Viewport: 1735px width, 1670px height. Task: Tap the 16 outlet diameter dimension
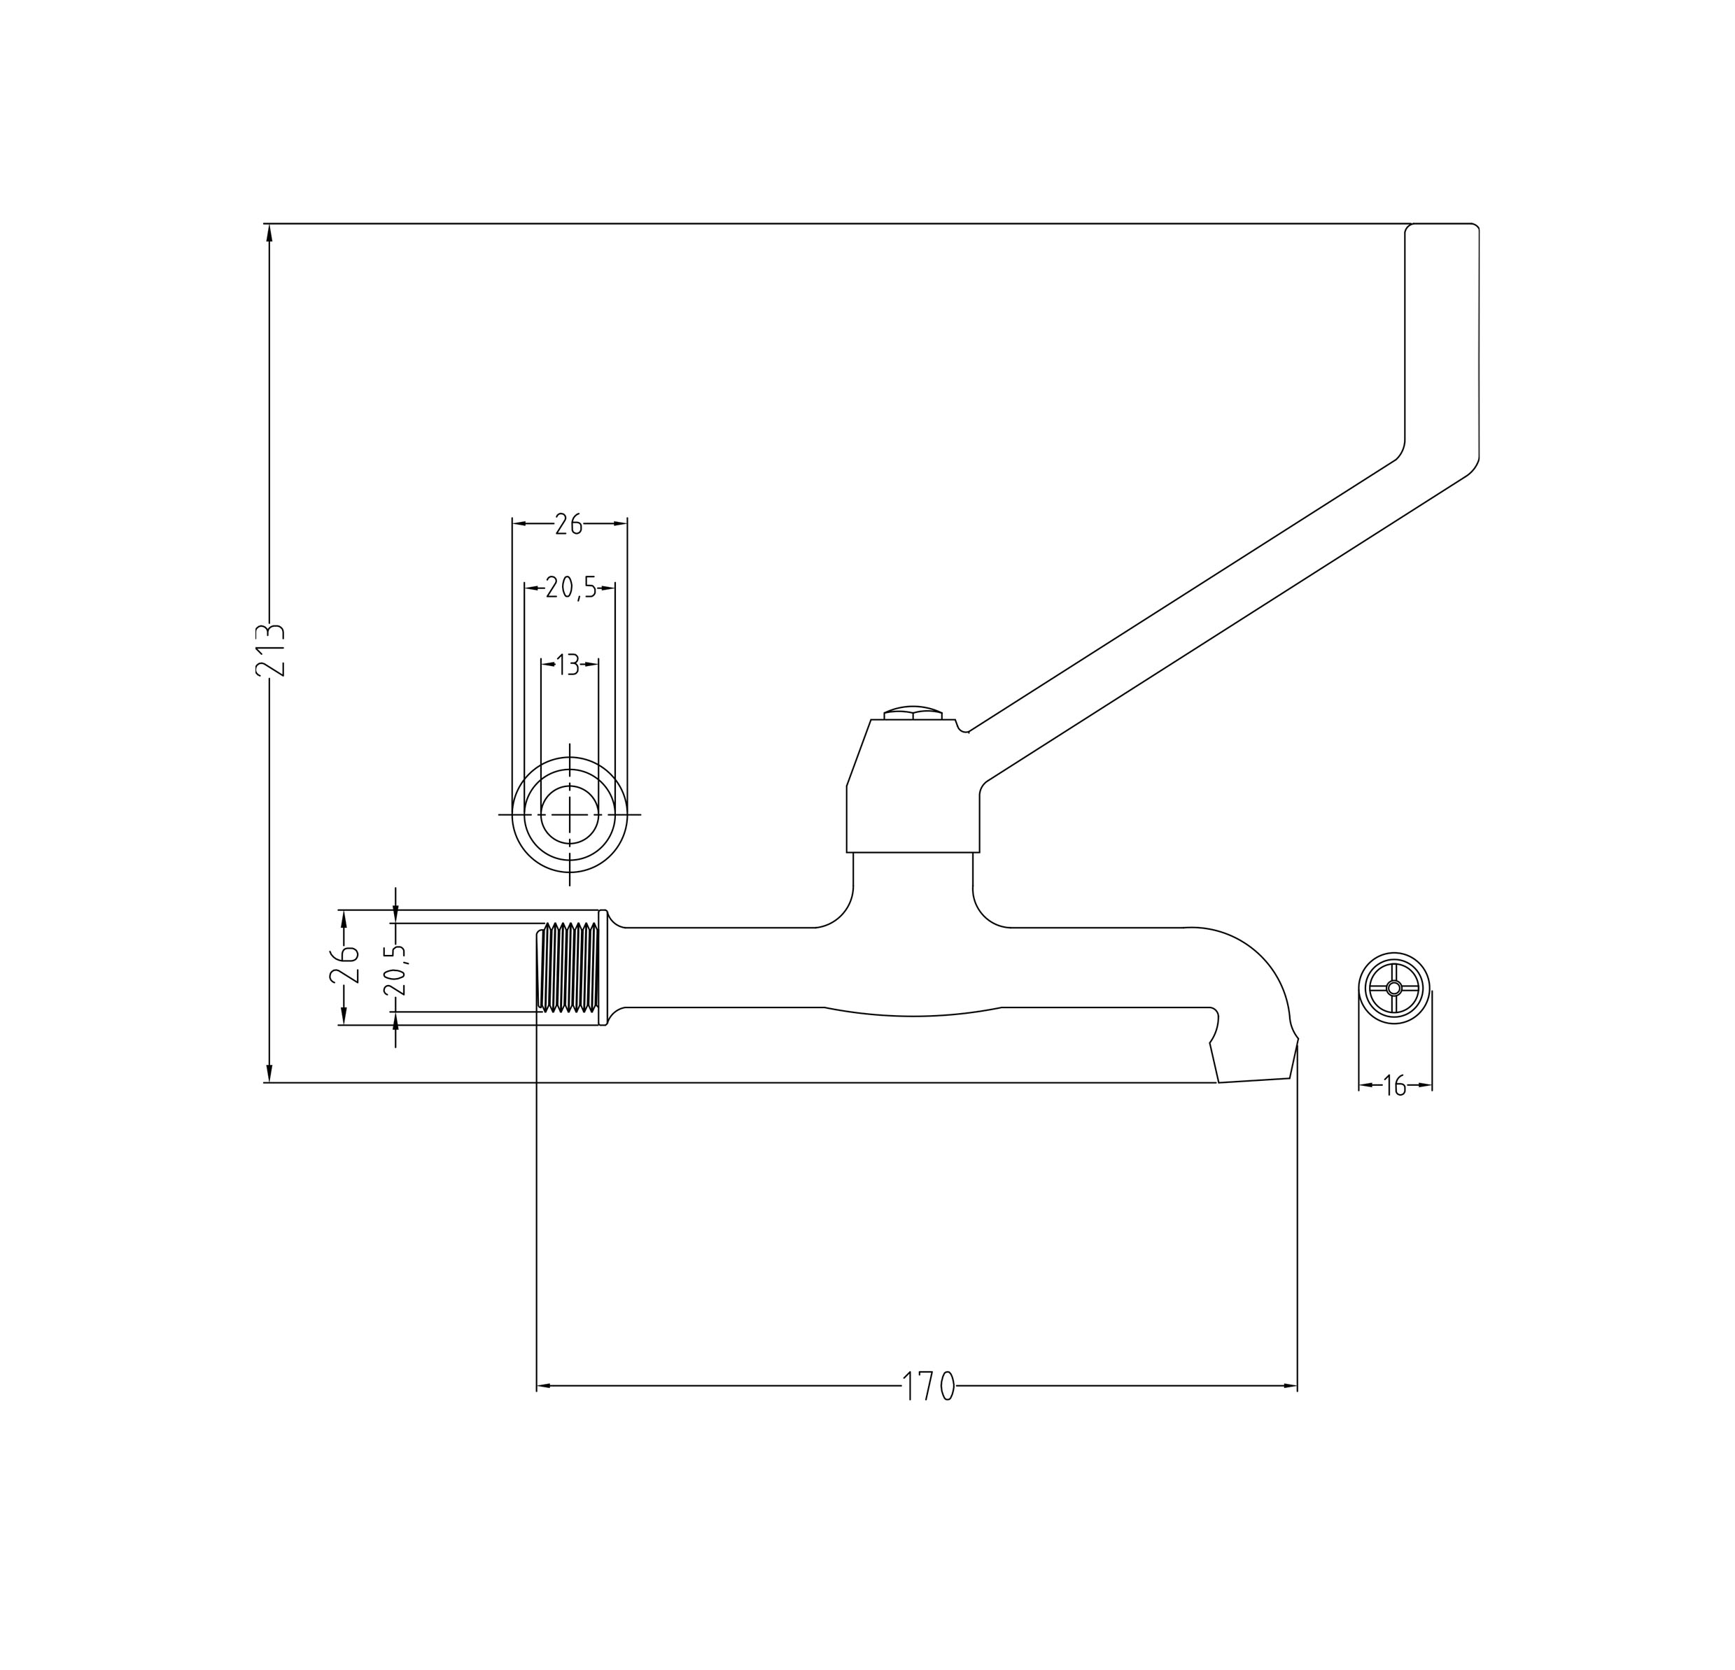(1395, 1085)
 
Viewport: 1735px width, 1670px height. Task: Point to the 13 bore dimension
(568, 664)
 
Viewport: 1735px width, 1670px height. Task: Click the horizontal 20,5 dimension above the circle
(571, 588)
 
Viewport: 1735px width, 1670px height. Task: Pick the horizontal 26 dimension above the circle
(568, 525)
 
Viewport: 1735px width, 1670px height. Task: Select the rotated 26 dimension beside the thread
(344, 965)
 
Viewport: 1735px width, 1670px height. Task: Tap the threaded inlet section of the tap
(568, 968)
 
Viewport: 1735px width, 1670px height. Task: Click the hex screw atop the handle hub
(913, 714)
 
